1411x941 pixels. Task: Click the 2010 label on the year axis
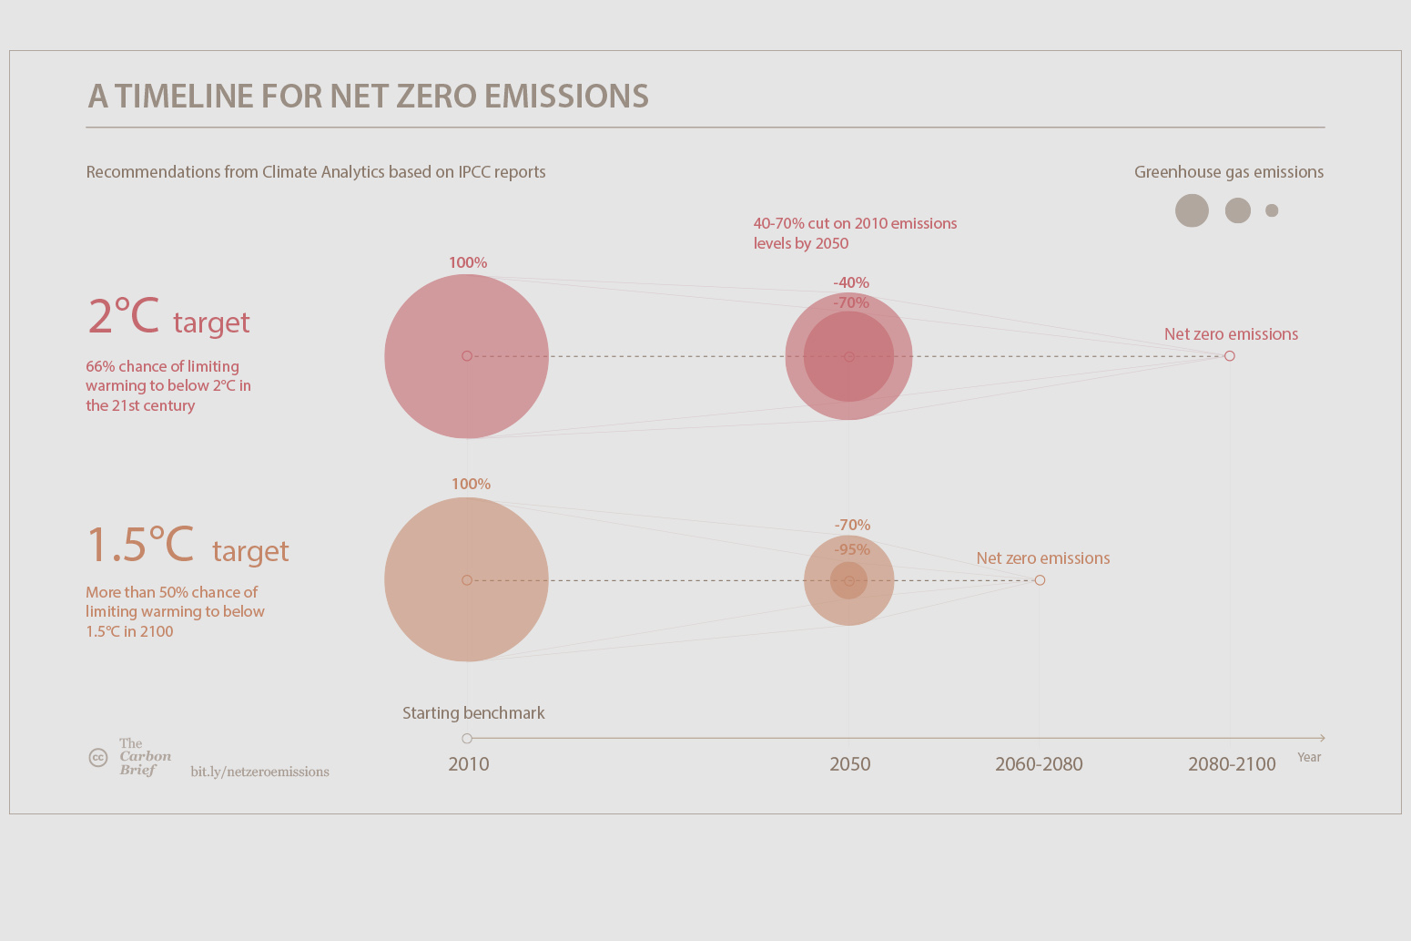[468, 764]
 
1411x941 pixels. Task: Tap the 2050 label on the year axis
[849, 764]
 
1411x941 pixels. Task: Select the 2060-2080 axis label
[1039, 764]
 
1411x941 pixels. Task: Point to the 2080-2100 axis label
[1232, 764]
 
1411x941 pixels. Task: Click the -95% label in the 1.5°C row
[852, 549]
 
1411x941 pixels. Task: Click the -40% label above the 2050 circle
[851, 282]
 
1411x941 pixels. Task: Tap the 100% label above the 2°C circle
[468, 262]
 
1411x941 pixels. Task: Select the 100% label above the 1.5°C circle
[471, 484]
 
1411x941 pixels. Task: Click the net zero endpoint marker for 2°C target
[1230, 356]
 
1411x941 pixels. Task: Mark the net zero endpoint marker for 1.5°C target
[1040, 580]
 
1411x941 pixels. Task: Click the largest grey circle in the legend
[1192, 210]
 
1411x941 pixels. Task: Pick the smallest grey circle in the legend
[1272, 210]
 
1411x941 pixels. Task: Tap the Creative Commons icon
[98, 757]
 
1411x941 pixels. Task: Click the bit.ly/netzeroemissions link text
[259, 772]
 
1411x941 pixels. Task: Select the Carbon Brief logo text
[144, 757]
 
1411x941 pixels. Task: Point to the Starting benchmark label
[473, 713]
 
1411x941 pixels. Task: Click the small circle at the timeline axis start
[467, 739]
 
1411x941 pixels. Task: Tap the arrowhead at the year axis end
[1322, 738]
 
